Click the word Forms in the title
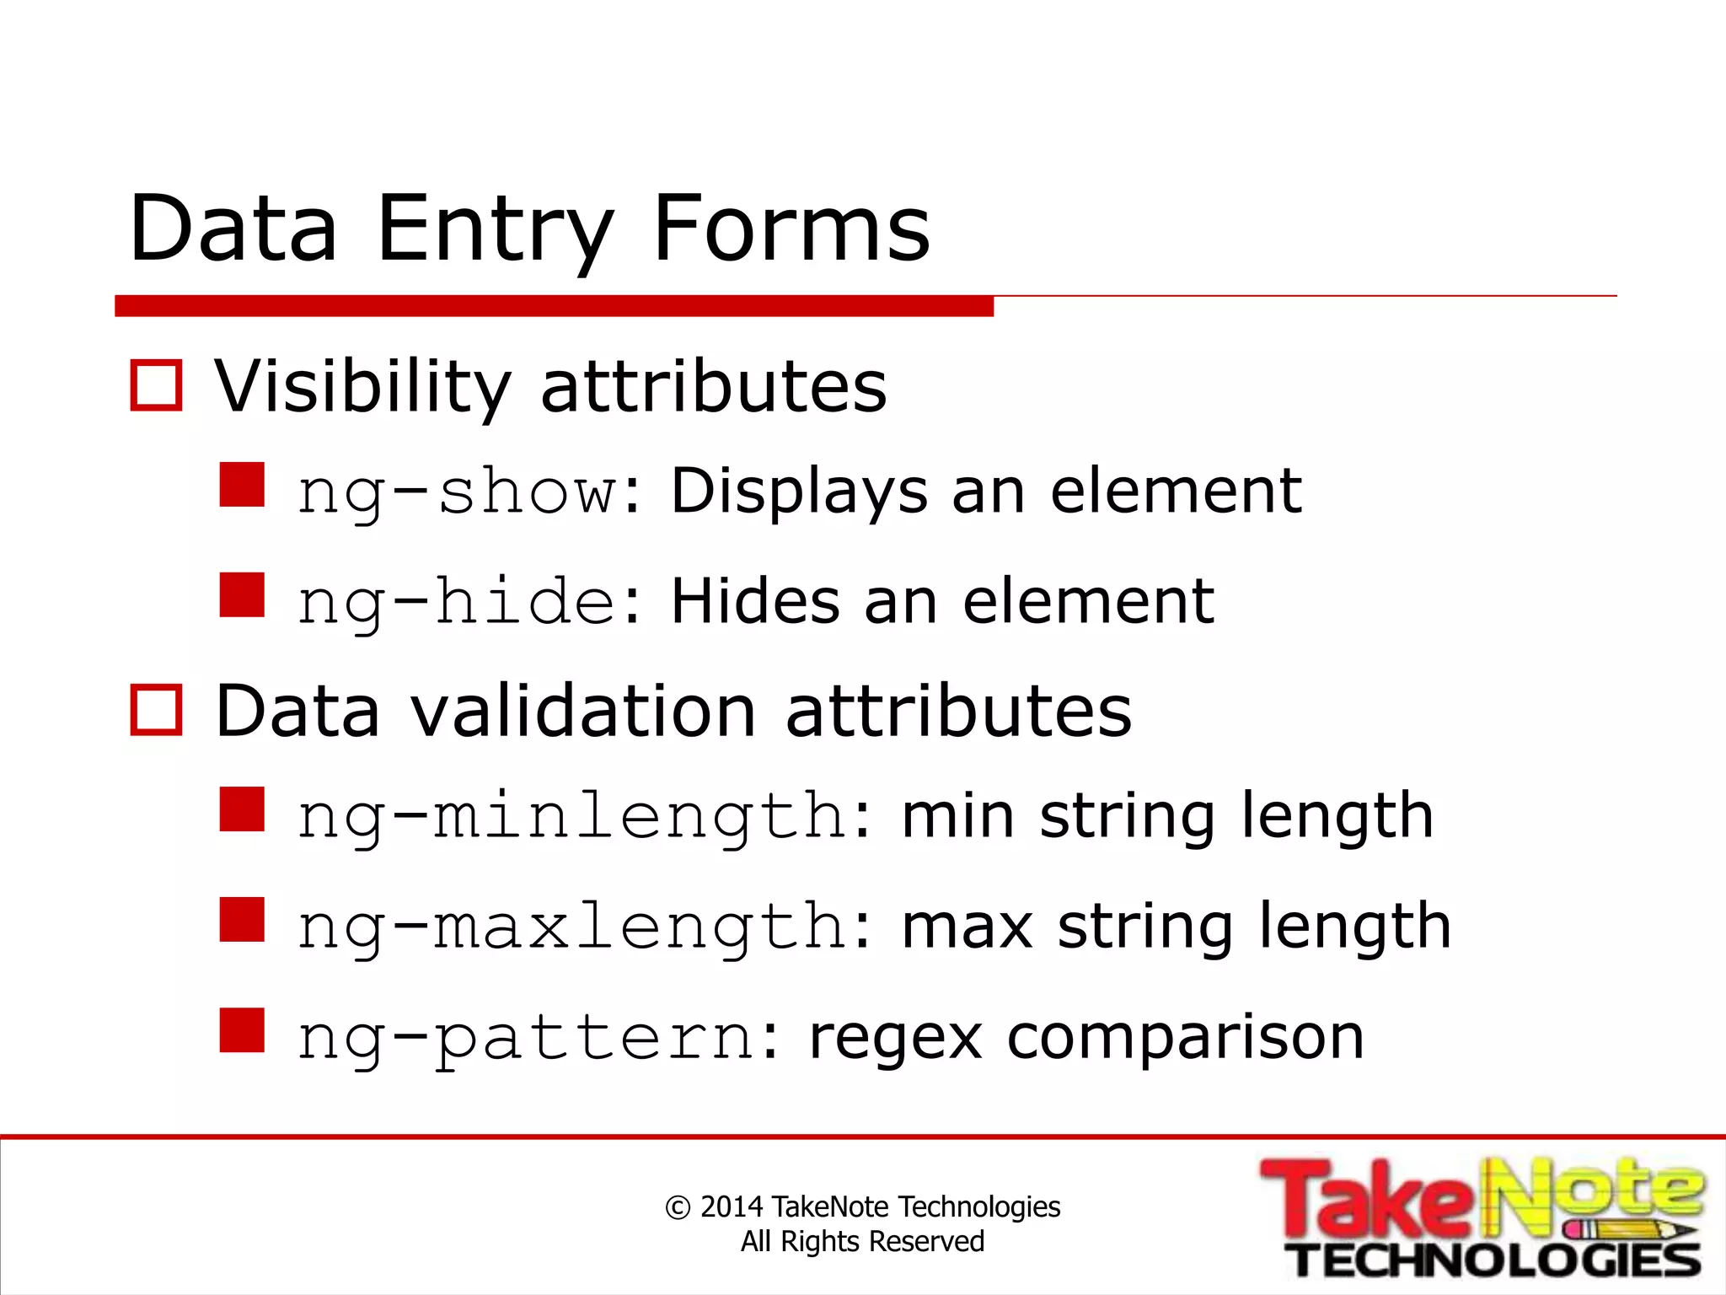pyautogui.click(x=791, y=228)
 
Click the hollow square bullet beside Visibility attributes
pyautogui.click(x=157, y=386)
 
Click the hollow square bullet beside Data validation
pyautogui.click(x=157, y=710)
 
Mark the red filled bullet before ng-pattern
pyautogui.click(x=242, y=1030)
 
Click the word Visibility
pyautogui.click(x=362, y=388)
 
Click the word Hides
pyautogui.click(x=755, y=602)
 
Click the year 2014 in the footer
pyautogui.click(x=732, y=1206)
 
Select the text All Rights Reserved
pyautogui.click(x=862, y=1241)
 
